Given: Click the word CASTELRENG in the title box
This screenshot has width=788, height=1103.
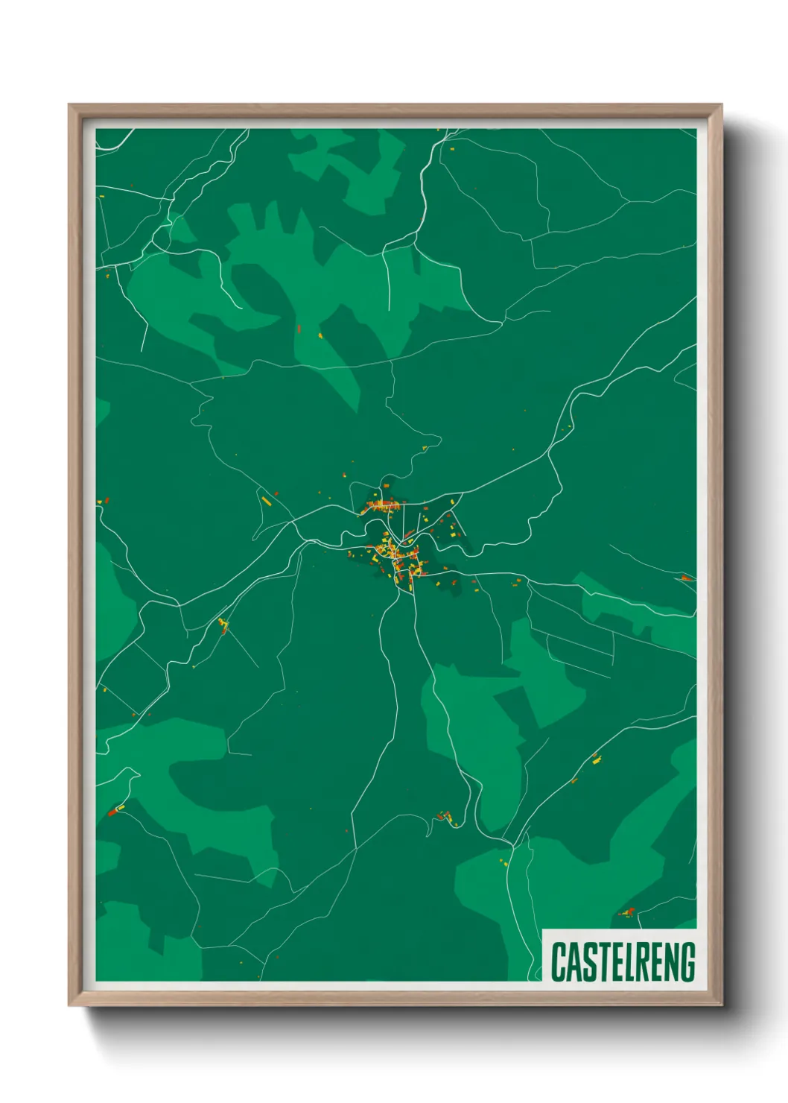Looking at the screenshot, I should pyautogui.click(x=623, y=961).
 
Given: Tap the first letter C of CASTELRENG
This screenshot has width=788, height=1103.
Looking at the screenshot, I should pyautogui.click(x=558, y=961).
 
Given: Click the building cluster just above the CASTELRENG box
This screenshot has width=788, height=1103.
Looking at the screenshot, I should pyautogui.click(x=627, y=911).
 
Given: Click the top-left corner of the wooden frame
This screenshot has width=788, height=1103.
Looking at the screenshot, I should pyautogui.click(x=70, y=106).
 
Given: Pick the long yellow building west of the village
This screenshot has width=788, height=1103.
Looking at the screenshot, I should pyautogui.click(x=265, y=499).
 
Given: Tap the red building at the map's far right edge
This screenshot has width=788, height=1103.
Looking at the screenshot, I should pyautogui.click(x=685, y=578).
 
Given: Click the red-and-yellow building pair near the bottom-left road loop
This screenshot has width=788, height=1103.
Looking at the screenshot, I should pyautogui.click(x=115, y=809).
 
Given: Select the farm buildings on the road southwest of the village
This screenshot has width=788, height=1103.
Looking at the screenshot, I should pyautogui.click(x=223, y=625).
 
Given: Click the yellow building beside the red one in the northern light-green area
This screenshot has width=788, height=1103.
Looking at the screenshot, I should pyautogui.click(x=321, y=335).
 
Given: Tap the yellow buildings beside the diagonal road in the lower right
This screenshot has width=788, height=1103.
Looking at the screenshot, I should pyautogui.click(x=596, y=759).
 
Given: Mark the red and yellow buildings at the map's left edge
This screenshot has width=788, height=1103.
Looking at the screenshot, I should pyautogui.click(x=101, y=502).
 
